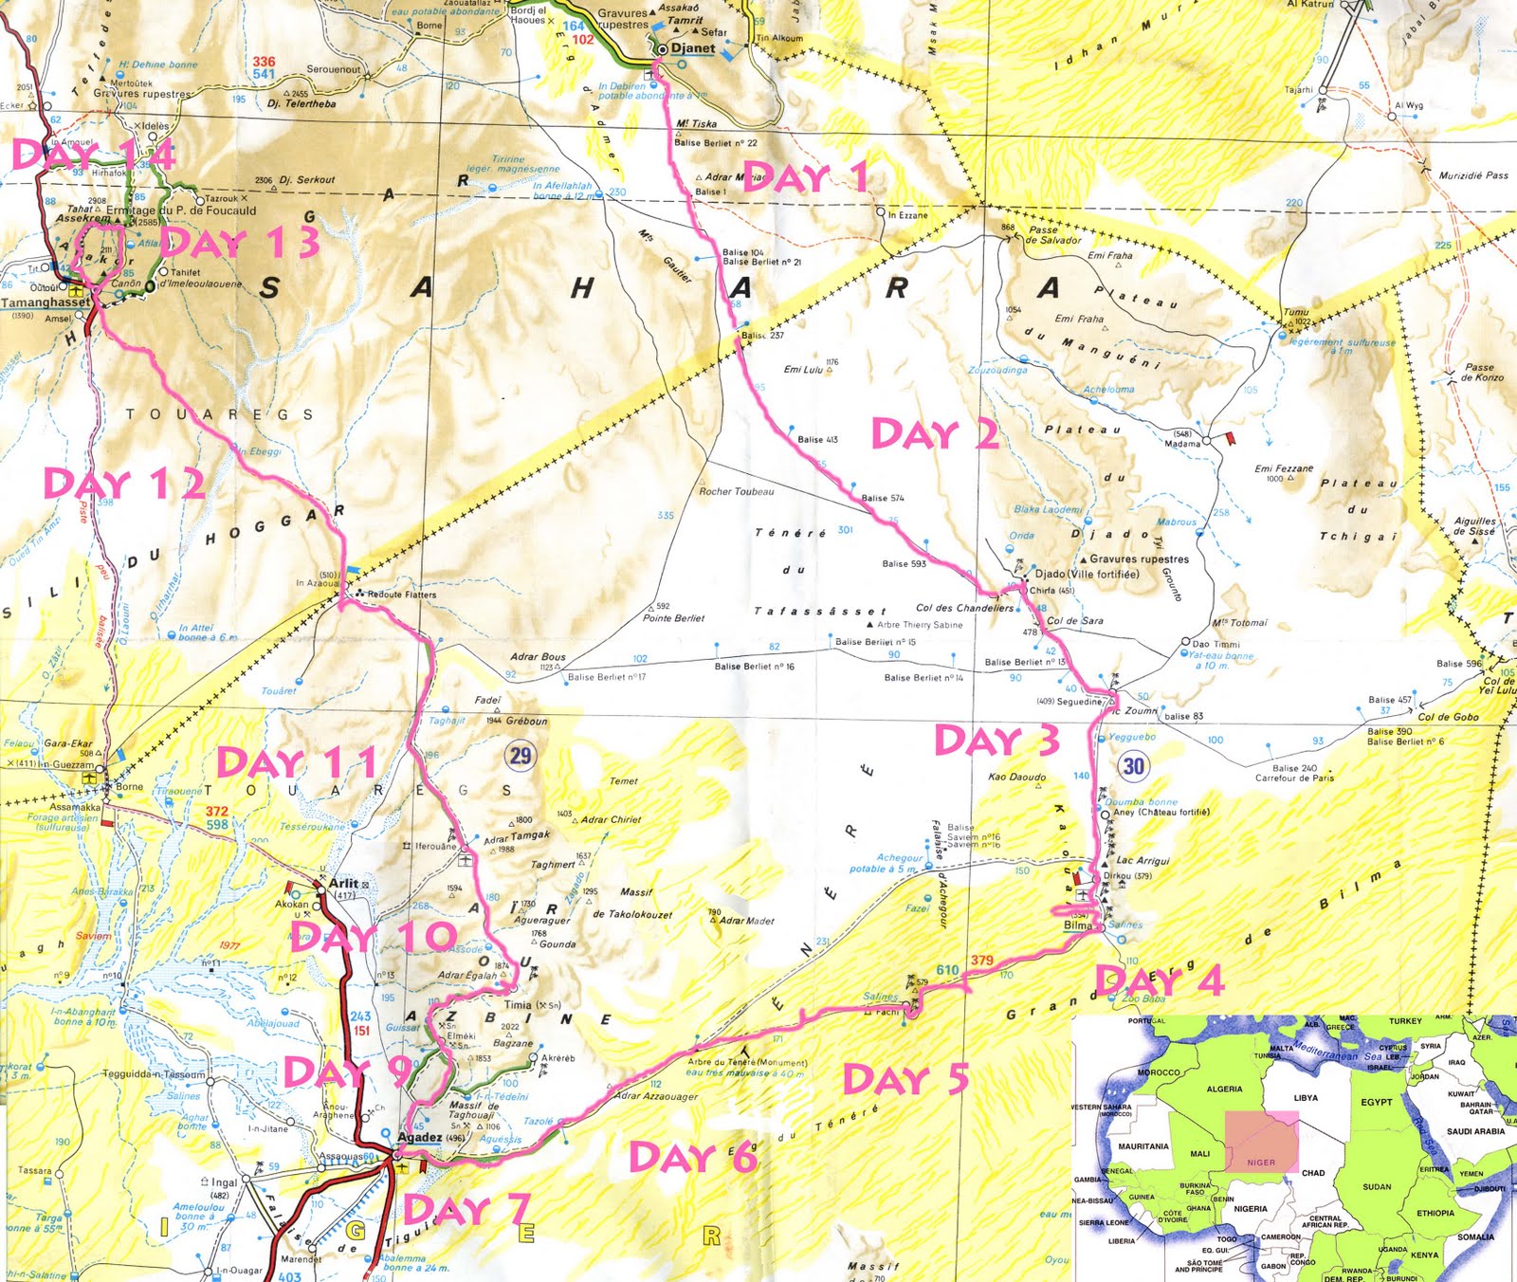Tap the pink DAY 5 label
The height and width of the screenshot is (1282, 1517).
(x=905, y=1079)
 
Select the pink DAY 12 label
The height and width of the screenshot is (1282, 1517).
(x=124, y=484)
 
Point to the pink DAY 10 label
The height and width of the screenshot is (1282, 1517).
(x=375, y=938)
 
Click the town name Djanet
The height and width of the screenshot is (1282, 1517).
(x=692, y=48)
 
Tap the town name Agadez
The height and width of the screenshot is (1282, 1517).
(x=419, y=1137)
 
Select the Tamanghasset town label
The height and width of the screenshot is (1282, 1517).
(x=45, y=302)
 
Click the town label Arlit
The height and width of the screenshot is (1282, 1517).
(x=343, y=883)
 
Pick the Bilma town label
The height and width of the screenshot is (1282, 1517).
(x=1078, y=925)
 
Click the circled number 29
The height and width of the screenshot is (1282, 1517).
(x=521, y=755)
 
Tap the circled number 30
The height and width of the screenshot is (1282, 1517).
(x=1134, y=765)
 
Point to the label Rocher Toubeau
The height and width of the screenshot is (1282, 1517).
(x=736, y=491)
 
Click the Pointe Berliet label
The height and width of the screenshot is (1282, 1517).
(x=673, y=618)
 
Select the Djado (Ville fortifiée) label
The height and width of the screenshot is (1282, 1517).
(x=1087, y=574)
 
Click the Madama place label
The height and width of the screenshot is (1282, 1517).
(x=1182, y=444)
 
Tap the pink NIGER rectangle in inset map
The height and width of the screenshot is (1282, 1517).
(x=1260, y=1142)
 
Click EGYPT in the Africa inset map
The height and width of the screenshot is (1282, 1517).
(x=1376, y=1102)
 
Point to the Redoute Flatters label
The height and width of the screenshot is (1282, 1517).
(x=402, y=595)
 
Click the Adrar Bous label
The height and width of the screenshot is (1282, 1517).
(x=538, y=656)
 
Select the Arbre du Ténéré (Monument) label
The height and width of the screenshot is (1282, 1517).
(x=747, y=1062)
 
